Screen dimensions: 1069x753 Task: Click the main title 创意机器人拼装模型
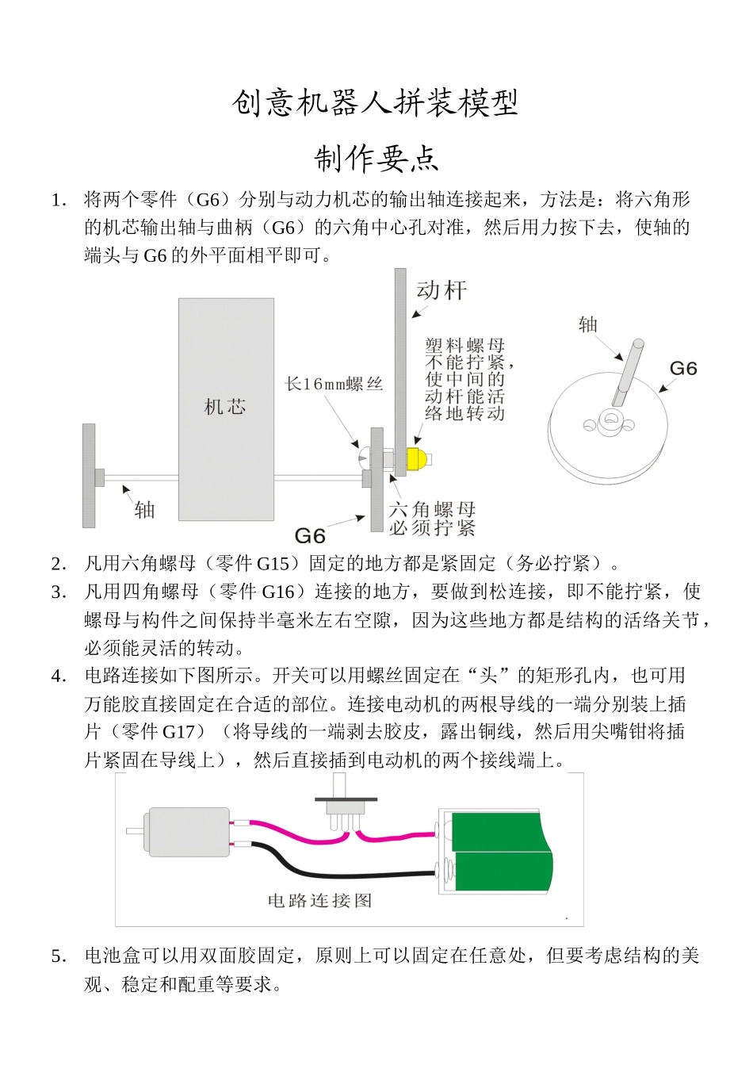click(x=376, y=103)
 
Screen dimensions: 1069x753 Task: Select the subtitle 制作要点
click(x=376, y=159)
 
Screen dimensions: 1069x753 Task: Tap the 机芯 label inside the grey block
click(x=226, y=408)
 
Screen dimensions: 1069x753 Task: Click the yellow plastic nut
click(x=418, y=458)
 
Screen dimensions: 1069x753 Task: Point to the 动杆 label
click(x=442, y=291)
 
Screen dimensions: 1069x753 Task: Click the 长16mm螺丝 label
click(x=334, y=385)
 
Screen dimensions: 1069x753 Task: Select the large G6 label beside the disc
click(x=683, y=369)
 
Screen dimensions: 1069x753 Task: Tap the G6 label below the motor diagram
click(x=310, y=535)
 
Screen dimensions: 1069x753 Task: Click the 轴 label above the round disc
click(x=588, y=324)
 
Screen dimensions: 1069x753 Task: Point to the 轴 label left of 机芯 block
click(x=144, y=509)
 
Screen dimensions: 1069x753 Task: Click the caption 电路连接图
click(x=320, y=901)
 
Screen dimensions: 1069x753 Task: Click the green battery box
click(x=495, y=853)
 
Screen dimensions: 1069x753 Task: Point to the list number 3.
click(x=58, y=592)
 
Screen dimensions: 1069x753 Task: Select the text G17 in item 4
click(x=178, y=732)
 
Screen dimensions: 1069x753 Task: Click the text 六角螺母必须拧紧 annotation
click(x=432, y=518)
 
